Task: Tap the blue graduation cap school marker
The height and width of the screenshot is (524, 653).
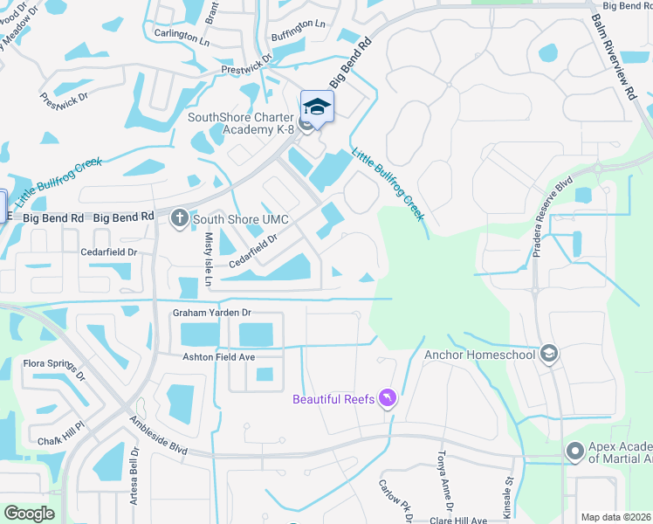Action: (x=317, y=107)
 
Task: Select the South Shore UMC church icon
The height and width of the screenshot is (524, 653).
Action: (x=180, y=217)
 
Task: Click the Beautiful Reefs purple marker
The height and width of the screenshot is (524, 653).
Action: (x=388, y=399)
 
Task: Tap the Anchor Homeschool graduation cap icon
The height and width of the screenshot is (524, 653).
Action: (x=549, y=353)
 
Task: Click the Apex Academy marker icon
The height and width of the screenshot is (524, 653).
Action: (x=574, y=452)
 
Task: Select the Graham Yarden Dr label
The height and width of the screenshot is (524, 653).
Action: (x=211, y=313)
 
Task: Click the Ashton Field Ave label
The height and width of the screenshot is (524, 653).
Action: (x=218, y=357)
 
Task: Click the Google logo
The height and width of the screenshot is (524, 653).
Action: (x=29, y=514)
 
